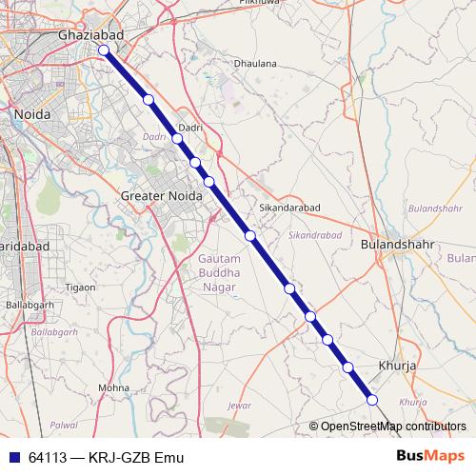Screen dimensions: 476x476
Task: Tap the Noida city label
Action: (33, 114)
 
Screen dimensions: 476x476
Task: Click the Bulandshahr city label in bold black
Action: (398, 244)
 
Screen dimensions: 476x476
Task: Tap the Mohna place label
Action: (113, 388)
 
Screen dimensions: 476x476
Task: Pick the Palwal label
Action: (64, 424)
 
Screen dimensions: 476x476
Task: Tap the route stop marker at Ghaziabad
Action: (103, 51)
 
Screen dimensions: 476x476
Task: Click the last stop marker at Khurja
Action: (372, 401)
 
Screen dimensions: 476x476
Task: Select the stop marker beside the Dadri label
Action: (177, 139)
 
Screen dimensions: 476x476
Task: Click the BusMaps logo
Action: (431, 457)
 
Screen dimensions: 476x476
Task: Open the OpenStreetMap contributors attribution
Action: (393, 426)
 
